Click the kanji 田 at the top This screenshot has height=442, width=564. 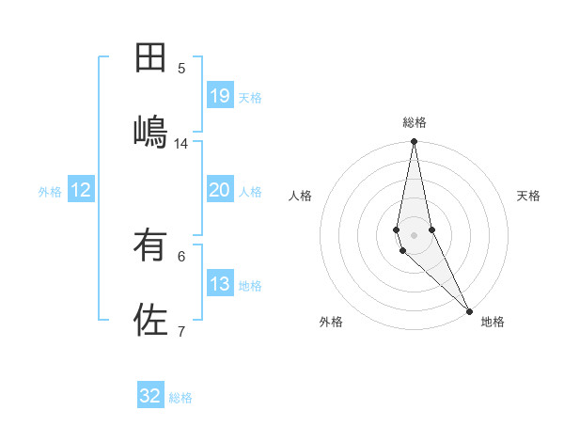[x=150, y=58]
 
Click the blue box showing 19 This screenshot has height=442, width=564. [x=219, y=96]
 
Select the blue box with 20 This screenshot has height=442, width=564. [x=219, y=190]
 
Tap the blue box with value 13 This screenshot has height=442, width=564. [x=219, y=285]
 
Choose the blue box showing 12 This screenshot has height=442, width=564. [x=80, y=190]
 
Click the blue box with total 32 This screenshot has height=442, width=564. [x=150, y=396]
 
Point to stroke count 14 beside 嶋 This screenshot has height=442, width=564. [x=181, y=144]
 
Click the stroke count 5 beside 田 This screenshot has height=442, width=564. [x=181, y=69]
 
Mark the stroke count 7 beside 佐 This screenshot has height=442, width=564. [x=181, y=331]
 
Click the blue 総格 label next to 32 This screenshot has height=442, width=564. [x=180, y=398]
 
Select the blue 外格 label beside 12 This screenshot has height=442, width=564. [x=50, y=192]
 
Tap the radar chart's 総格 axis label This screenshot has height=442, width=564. [x=415, y=123]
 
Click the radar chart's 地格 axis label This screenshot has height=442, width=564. [x=493, y=322]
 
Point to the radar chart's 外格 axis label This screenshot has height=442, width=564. [x=331, y=322]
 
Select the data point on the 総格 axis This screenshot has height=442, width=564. [x=414, y=142]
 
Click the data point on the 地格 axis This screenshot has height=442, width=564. [x=469, y=310]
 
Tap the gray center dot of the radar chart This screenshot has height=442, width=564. [x=414, y=234]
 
